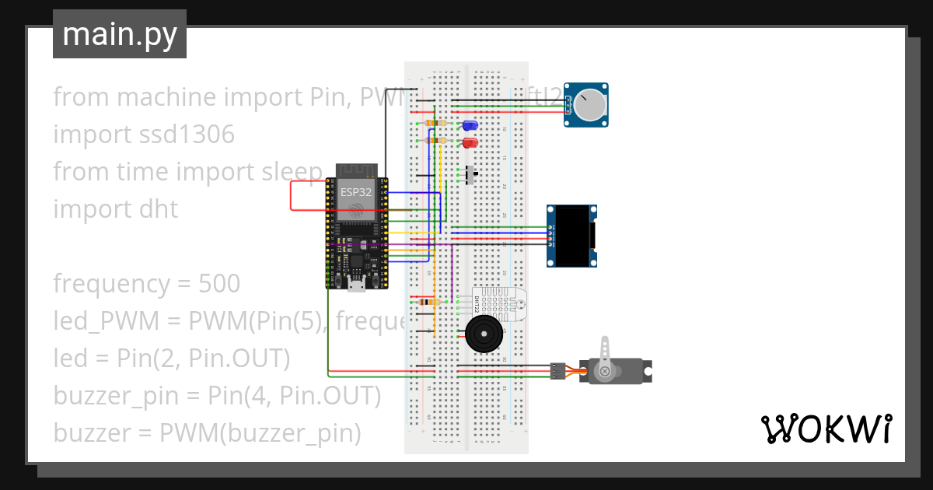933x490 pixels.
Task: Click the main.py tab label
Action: tap(119, 35)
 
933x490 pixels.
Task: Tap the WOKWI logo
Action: tap(826, 429)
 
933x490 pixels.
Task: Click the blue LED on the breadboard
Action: tap(470, 125)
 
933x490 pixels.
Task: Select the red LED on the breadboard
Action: tap(470, 143)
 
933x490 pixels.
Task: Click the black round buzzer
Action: tap(484, 335)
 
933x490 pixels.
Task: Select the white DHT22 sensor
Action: tap(498, 304)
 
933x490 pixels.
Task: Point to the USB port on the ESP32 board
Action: tap(356, 285)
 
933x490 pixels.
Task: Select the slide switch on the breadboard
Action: tap(470, 175)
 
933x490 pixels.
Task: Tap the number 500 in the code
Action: tap(219, 284)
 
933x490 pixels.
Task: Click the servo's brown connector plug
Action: tap(557, 371)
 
